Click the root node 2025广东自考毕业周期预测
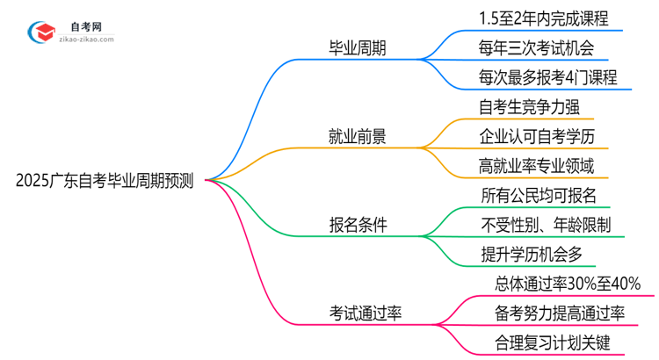coord(105,181)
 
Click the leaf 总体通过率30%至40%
coord(568,284)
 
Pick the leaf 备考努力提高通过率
coord(560,313)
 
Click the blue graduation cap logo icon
coord(44,32)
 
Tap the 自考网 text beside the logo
coord(88,26)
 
